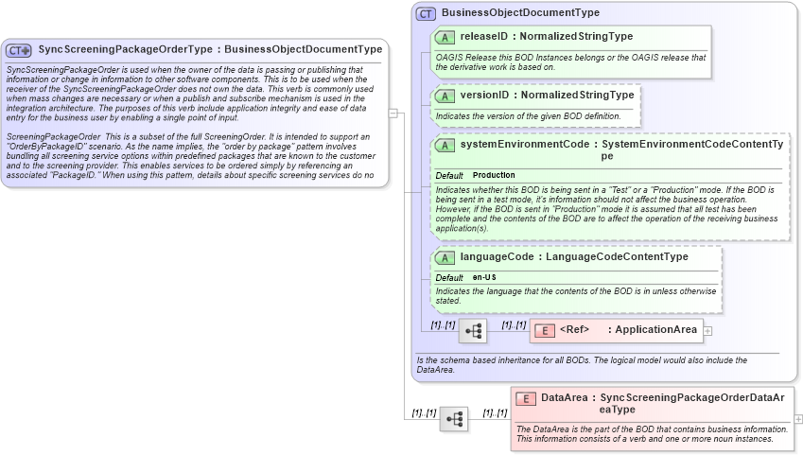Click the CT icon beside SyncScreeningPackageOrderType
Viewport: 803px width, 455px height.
tap(19, 49)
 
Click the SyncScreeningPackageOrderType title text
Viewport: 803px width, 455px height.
tap(124, 49)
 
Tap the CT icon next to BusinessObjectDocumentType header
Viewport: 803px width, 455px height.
tap(426, 13)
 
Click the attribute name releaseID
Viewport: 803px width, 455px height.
tap(486, 37)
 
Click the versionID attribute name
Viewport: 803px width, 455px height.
tap(486, 96)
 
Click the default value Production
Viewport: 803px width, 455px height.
tap(494, 176)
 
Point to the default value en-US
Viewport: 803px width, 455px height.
tap(484, 277)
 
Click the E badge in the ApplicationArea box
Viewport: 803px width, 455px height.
tap(545, 330)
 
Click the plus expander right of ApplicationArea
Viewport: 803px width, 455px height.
tap(707, 331)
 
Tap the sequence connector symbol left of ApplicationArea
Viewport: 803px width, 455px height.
tap(474, 330)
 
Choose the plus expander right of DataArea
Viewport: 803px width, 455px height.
tap(798, 418)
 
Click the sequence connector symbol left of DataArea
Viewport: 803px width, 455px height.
tap(454, 418)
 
